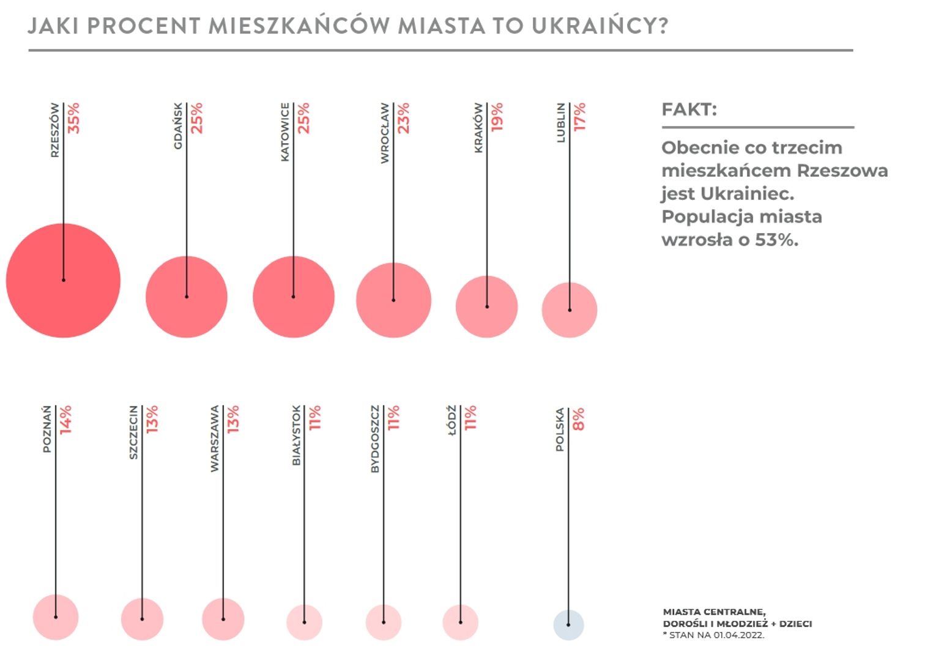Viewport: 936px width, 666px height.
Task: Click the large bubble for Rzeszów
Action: pos(63,280)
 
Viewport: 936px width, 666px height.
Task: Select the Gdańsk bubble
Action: pos(187,297)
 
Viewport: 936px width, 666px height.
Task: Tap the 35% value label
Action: pos(73,118)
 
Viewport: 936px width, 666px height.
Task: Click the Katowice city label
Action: pos(285,132)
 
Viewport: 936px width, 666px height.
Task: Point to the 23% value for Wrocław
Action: pos(403,118)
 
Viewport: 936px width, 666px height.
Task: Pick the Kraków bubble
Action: pos(487,306)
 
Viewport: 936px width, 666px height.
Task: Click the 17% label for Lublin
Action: pos(579,116)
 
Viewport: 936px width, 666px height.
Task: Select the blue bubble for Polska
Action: pos(568,624)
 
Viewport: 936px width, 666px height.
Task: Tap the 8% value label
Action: pos(578,419)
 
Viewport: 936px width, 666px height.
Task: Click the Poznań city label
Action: pos(46,429)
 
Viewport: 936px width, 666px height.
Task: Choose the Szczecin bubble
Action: pos(142,619)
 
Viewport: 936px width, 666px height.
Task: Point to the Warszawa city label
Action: pos(214,438)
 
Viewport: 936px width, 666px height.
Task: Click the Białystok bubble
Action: pos(304,622)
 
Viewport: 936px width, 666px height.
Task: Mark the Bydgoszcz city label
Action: pos(375,438)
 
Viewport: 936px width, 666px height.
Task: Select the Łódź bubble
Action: pos(461,622)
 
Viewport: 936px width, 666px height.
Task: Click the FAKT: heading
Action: pos(689,110)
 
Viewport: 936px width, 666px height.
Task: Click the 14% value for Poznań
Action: pos(65,420)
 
